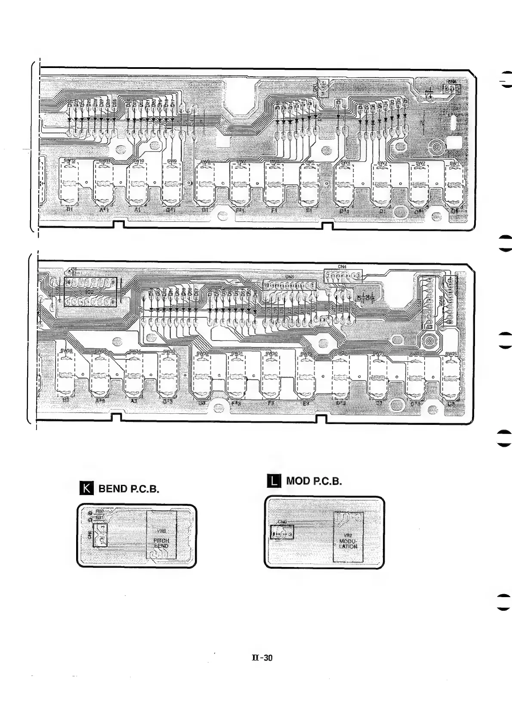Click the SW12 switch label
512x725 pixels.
(69, 161)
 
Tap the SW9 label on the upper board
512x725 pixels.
(172, 161)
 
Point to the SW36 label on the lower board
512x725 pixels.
(66, 350)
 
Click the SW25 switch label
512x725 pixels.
(451, 353)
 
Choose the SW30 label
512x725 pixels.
(271, 353)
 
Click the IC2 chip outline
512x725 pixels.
(90, 292)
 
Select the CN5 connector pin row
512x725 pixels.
(289, 285)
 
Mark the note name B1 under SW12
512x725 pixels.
(69, 210)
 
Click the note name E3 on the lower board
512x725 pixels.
(306, 403)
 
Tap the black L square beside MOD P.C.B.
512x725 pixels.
(274, 480)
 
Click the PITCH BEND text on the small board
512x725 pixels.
(161, 543)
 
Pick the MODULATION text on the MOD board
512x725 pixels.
(348, 543)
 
